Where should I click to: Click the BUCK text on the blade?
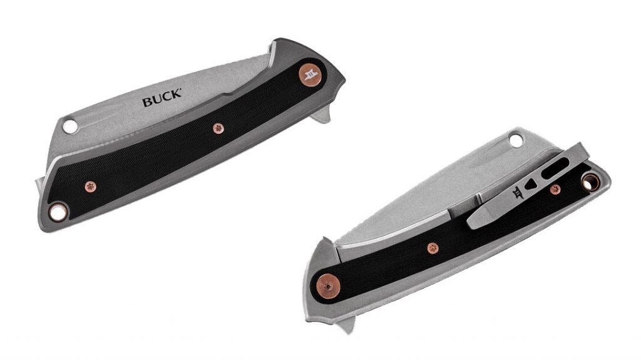click(161, 100)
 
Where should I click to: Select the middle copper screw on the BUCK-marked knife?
click(218, 128)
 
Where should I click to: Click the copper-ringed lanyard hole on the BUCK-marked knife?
click(59, 211)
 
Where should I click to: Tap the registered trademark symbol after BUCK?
click(182, 93)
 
